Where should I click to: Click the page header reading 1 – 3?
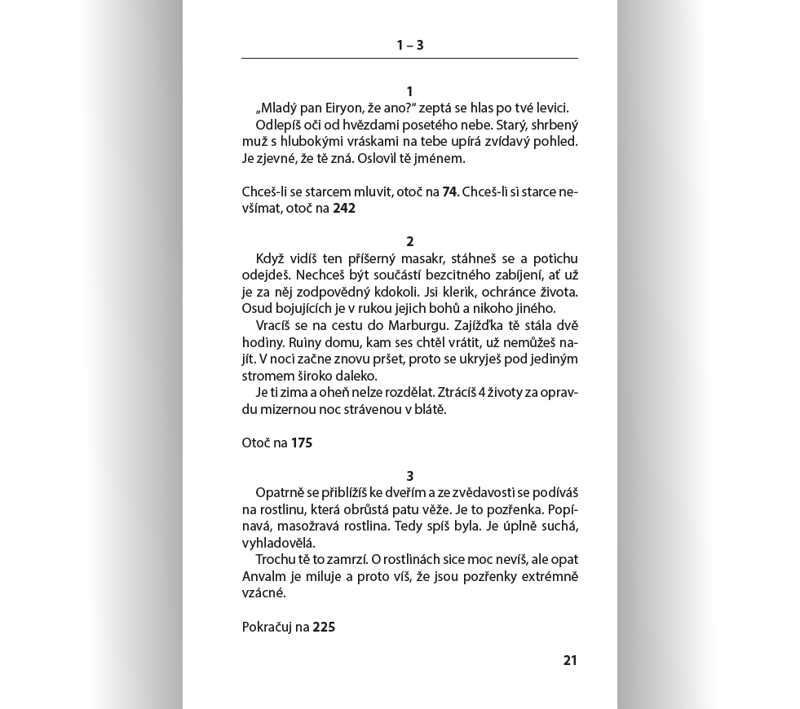tap(409, 46)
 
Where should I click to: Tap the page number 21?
tap(570, 660)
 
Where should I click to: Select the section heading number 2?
tap(410, 241)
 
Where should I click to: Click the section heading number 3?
tap(410, 476)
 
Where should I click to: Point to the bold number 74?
tap(449, 192)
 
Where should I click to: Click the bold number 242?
tap(344, 208)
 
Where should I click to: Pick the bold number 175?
tap(302, 443)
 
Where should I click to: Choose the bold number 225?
tap(324, 627)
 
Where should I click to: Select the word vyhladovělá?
tap(278, 542)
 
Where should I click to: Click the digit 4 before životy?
tap(482, 393)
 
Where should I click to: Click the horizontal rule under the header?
tap(409, 59)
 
